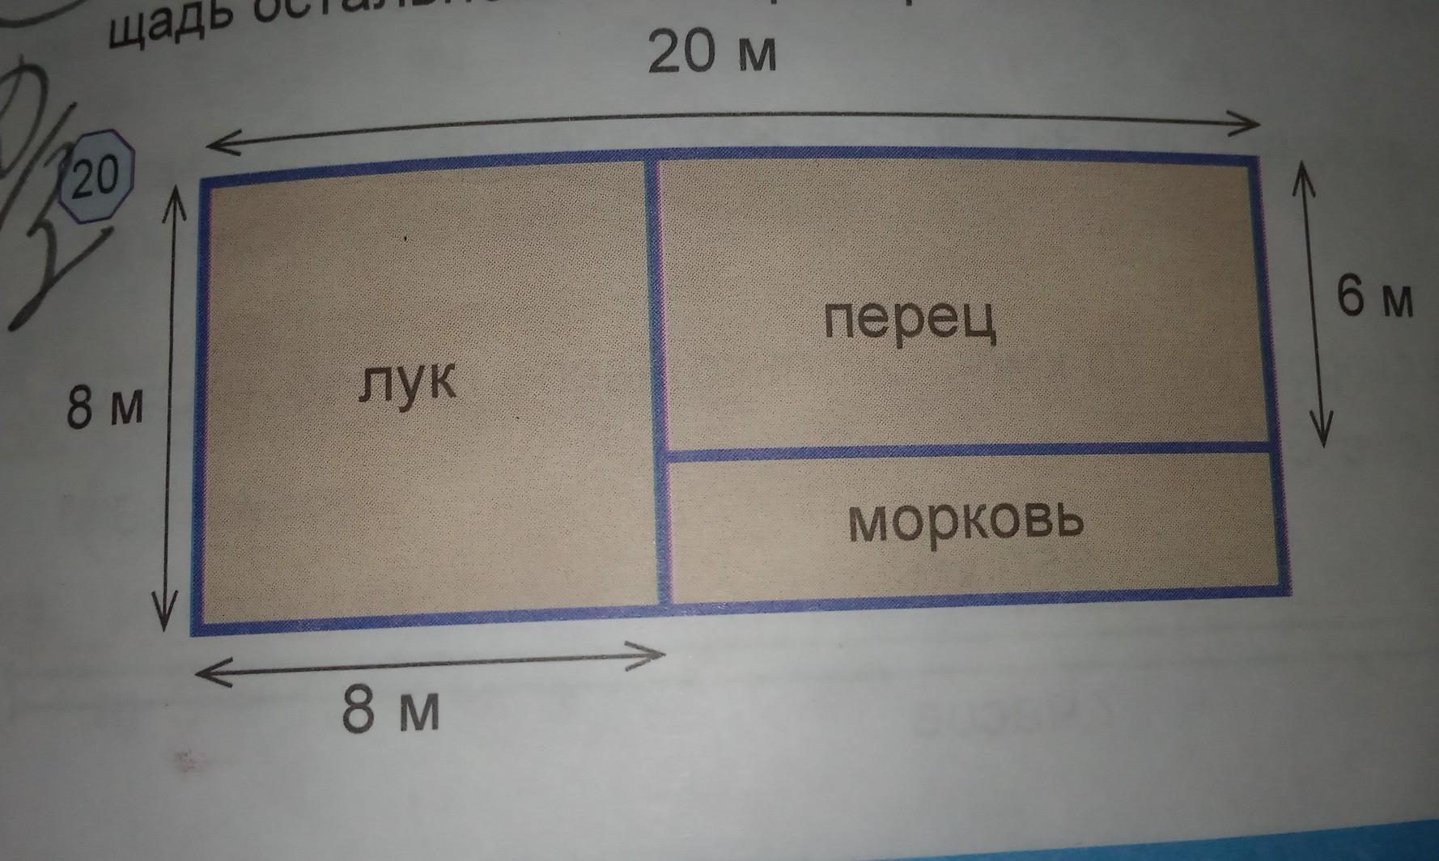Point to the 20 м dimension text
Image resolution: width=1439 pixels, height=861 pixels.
click(712, 53)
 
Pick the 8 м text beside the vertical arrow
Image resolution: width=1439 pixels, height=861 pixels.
click(105, 407)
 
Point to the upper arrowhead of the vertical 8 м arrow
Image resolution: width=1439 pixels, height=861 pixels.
click(175, 195)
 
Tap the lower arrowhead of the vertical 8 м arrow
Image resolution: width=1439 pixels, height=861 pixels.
click(164, 621)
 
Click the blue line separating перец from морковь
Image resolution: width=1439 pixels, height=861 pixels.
click(963, 451)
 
